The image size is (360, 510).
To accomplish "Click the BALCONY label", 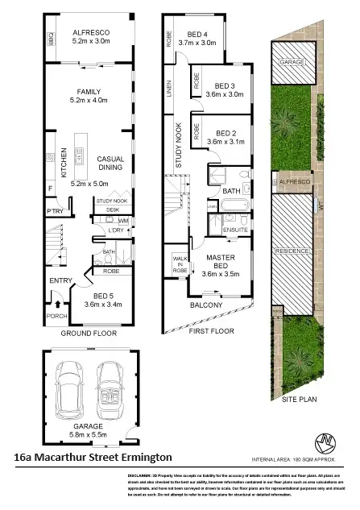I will click(206, 305).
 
